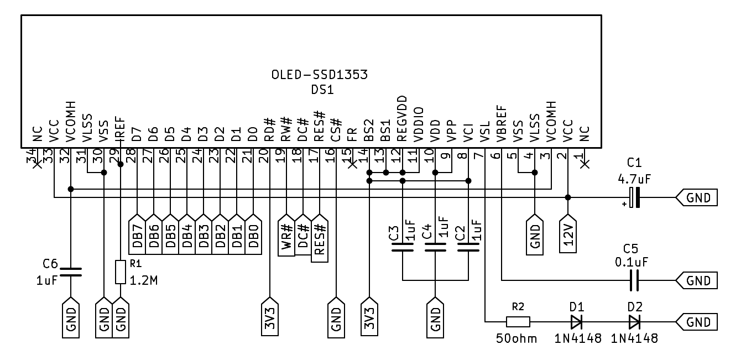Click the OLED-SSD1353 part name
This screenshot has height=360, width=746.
coord(320,75)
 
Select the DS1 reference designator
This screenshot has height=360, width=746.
coord(322,90)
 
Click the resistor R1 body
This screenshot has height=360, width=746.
coord(121,272)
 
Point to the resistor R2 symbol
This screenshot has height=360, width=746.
coord(518,321)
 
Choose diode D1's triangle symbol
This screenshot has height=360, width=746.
coord(577,321)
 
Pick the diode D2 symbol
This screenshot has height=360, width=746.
coord(634,321)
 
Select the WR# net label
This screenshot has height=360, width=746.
coord(286,236)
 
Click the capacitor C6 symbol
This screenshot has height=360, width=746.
coord(71,272)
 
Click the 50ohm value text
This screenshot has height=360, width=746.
coord(517,338)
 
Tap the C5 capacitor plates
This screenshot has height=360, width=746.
coord(634,280)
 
